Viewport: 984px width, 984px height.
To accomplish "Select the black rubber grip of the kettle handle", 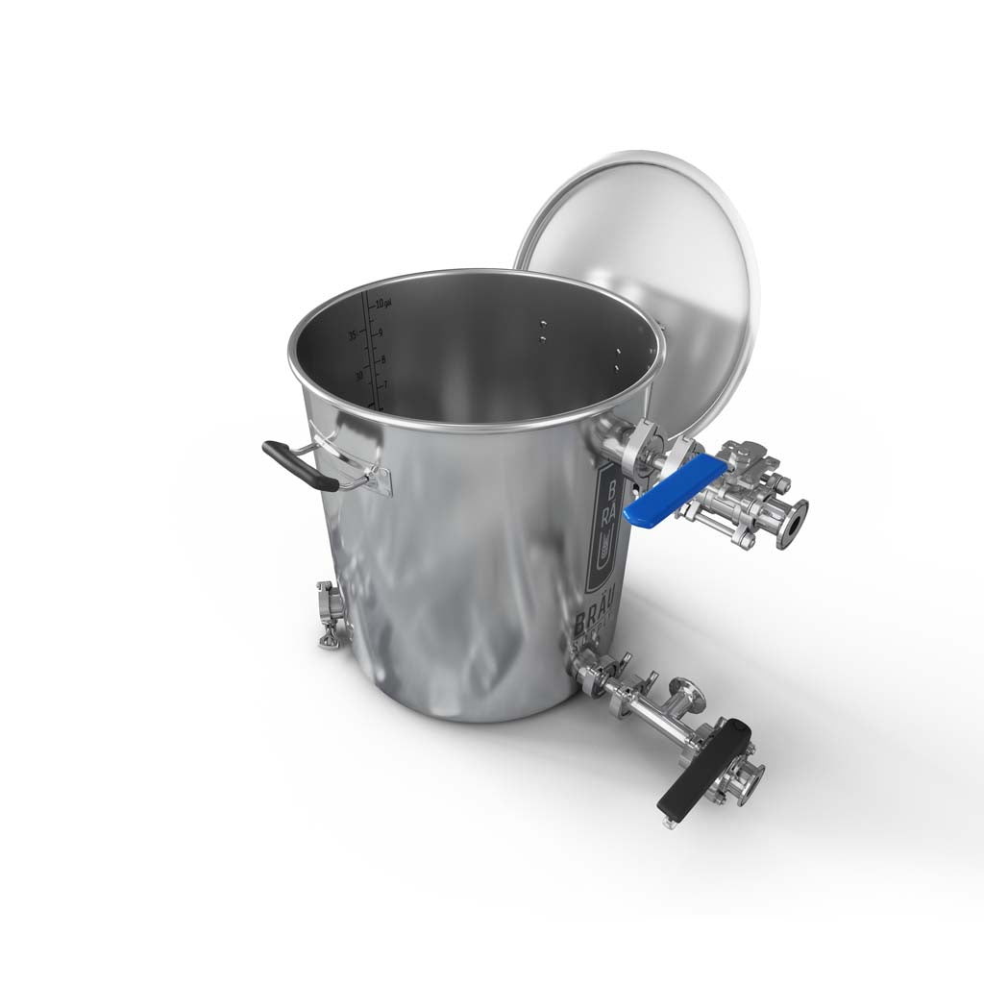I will pos(299,465).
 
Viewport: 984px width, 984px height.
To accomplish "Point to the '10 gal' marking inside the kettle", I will pos(383,304).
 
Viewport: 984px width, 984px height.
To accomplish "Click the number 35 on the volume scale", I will pos(353,335).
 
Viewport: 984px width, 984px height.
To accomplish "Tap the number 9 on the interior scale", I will pos(381,332).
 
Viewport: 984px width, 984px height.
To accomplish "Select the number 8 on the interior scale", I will pos(381,359).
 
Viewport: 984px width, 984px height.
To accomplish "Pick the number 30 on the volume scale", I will pos(358,376).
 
